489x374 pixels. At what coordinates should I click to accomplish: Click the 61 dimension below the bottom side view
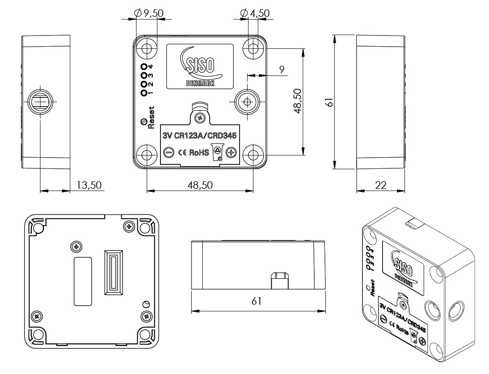pyautogui.click(x=256, y=301)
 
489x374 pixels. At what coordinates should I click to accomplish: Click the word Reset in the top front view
pyautogui.click(x=151, y=116)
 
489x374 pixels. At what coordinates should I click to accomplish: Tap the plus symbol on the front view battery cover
pyautogui.click(x=231, y=152)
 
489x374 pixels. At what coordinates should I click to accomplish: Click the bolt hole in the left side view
pyautogui.click(x=40, y=102)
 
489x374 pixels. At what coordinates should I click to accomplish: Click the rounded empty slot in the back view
pyautogui.click(x=83, y=281)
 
